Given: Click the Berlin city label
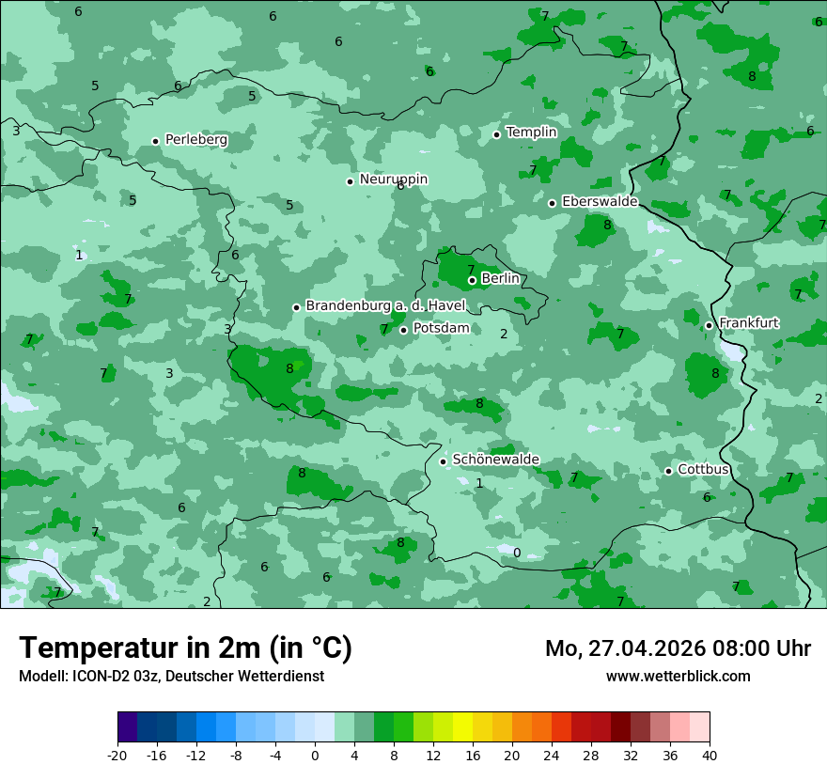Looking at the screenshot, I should [500, 278].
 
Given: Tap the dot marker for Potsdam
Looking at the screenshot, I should [404, 330].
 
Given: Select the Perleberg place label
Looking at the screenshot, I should [195, 140].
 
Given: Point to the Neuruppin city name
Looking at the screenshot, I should [393, 179].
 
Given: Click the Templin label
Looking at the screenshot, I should [531, 133].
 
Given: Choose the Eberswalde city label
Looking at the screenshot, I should [600, 202].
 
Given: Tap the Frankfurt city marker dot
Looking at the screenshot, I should [710, 325].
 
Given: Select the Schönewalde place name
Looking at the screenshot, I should [495, 460].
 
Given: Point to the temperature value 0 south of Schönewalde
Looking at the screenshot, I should [516, 553].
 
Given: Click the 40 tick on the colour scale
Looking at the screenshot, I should [709, 755].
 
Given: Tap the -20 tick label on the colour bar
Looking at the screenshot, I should [117, 755].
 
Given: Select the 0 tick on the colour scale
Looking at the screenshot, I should [315, 755].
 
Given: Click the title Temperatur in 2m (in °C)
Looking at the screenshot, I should [185, 647].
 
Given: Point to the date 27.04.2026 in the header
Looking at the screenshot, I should [639, 648].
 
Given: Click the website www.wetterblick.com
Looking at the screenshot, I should [678, 676].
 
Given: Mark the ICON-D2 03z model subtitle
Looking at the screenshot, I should [171, 676].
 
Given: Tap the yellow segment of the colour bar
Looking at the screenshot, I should [462, 727].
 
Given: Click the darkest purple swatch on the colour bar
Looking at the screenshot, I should [128, 727].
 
